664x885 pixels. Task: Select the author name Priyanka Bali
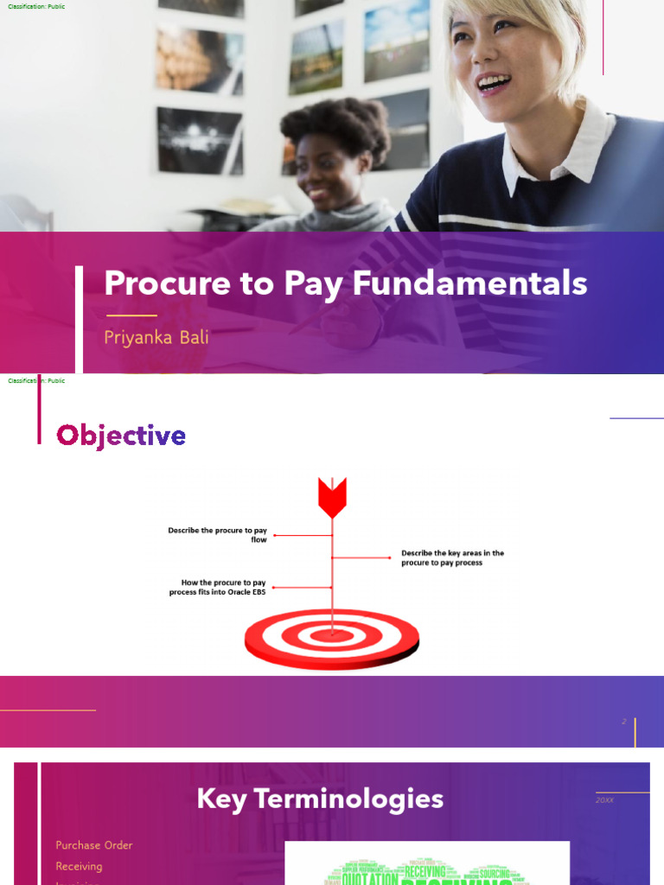(156, 337)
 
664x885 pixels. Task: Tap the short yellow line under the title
(131, 315)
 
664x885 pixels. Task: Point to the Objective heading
(121, 436)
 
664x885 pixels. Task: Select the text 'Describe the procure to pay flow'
(217, 534)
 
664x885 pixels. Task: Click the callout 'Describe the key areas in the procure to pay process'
(452, 557)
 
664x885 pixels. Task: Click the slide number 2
(623, 721)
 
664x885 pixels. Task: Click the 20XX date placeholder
(604, 800)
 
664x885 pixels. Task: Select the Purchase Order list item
(94, 845)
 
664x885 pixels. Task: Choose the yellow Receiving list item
(79, 866)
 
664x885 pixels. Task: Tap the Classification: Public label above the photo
(36, 7)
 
